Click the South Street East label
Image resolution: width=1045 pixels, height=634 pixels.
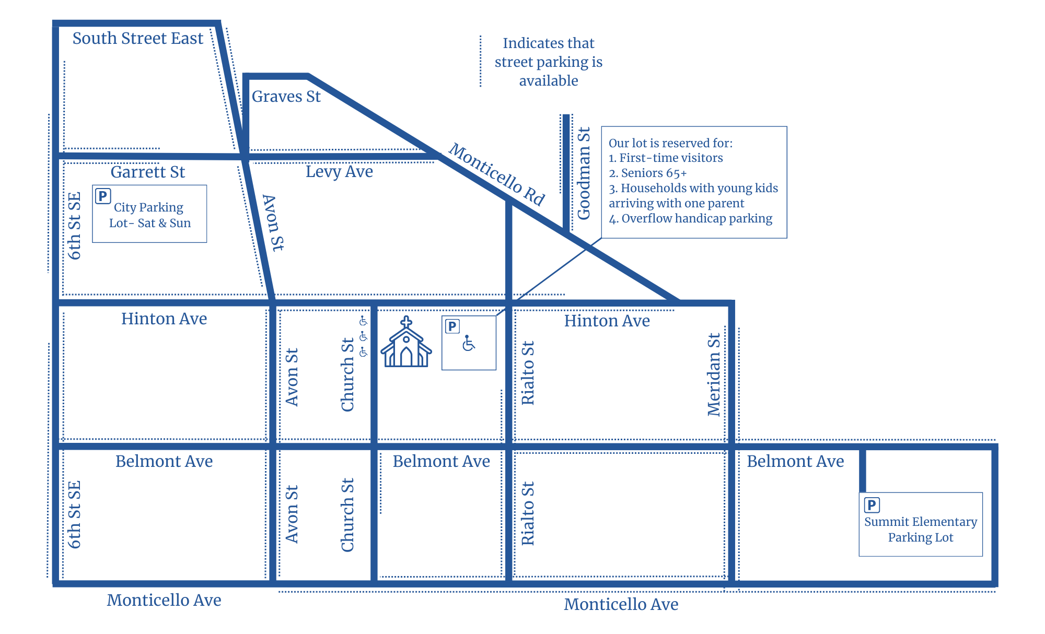coord(137,39)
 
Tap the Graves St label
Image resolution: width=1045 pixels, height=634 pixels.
coord(286,97)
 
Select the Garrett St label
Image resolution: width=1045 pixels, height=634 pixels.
coord(147,172)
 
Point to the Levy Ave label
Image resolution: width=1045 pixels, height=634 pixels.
coord(339,171)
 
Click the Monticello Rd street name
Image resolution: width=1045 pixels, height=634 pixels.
coord(497,174)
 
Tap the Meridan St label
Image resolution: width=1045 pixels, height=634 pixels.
coord(714,374)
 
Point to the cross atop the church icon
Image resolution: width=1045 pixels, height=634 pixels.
coord(406,322)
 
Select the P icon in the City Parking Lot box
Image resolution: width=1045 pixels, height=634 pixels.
coord(103,196)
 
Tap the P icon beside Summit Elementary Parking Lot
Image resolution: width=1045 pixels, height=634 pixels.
coord(872,504)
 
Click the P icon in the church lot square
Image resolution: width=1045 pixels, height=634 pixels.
coord(452,326)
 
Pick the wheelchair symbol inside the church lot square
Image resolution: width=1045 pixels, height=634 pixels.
coord(469,343)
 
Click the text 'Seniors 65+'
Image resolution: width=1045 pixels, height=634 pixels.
coord(653,173)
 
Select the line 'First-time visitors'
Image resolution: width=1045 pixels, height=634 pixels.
coord(671,158)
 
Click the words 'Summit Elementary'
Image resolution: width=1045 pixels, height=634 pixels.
coord(920,522)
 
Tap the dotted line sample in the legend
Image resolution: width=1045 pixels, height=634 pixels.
coord(481,62)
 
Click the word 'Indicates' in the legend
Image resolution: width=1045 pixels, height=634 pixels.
coord(522,43)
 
